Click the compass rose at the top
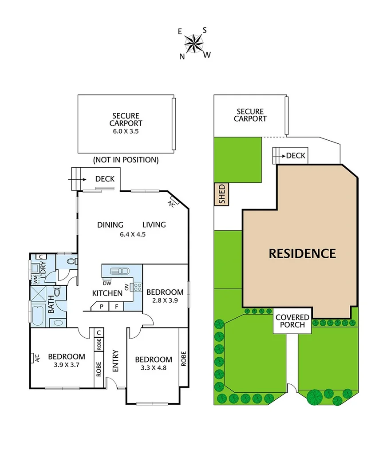(x=193, y=43)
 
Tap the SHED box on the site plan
(x=222, y=194)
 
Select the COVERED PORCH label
(x=292, y=321)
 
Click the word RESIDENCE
(x=302, y=253)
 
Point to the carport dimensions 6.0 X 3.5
(x=126, y=131)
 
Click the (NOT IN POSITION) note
(x=126, y=159)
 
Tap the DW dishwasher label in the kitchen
(x=107, y=283)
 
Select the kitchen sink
(x=121, y=271)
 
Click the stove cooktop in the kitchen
(x=137, y=287)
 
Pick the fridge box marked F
(x=117, y=306)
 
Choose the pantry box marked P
(x=101, y=306)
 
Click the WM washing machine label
(x=35, y=279)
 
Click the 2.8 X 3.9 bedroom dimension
(x=165, y=300)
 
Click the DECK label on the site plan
(x=296, y=155)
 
